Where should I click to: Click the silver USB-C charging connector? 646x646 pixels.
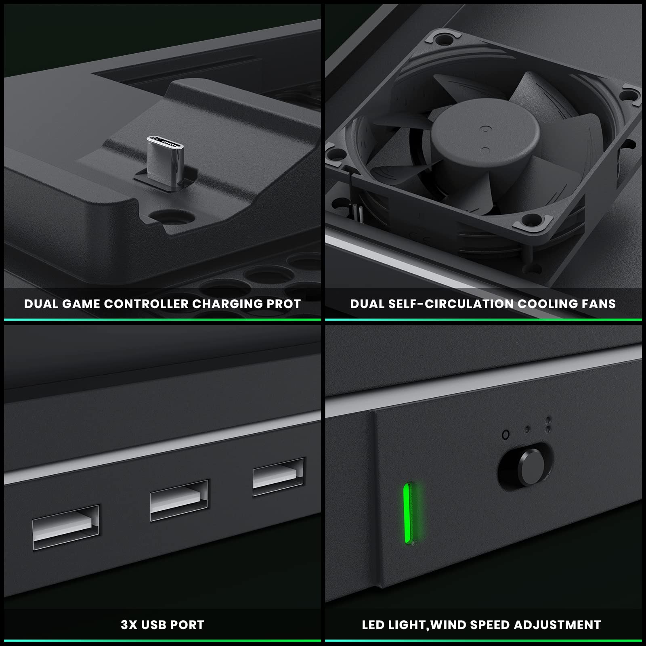pos(165,160)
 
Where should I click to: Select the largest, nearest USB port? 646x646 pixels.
pos(66,526)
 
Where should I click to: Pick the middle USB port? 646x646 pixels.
pos(179,500)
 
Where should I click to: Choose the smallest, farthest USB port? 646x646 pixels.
pos(278,477)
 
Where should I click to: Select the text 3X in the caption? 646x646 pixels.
pos(129,625)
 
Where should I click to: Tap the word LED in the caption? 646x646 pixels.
pos(373,625)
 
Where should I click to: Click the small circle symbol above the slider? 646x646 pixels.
pos(505,435)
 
